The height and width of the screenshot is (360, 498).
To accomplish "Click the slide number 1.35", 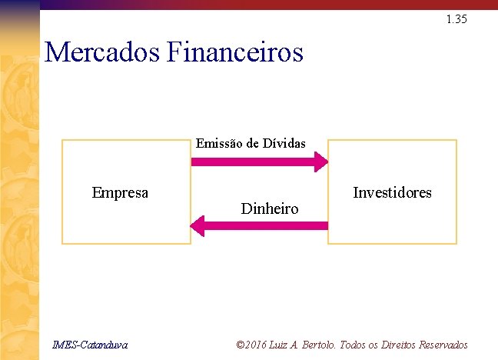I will [456, 19].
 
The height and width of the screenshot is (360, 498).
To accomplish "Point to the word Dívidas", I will [284, 142].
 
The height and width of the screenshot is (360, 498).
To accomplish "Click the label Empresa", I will [120, 192].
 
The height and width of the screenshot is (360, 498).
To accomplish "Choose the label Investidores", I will [392, 192].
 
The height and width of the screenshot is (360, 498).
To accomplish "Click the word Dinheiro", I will [270, 208].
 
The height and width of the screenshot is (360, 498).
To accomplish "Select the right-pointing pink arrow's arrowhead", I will [320, 162].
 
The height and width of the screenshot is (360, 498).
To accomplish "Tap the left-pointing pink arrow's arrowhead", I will [198, 225].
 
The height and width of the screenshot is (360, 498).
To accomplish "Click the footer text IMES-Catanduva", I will [91, 345].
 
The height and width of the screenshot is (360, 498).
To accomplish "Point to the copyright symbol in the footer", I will [240, 345].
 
